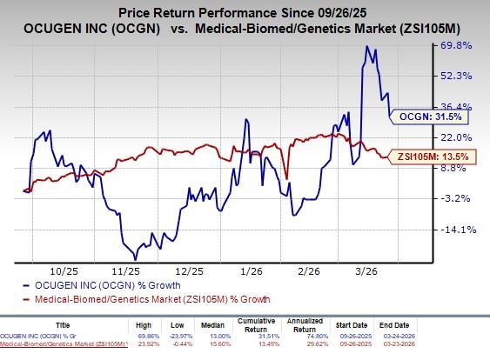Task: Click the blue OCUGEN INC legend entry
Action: point(87,285)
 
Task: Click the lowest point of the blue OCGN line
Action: point(135,258)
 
